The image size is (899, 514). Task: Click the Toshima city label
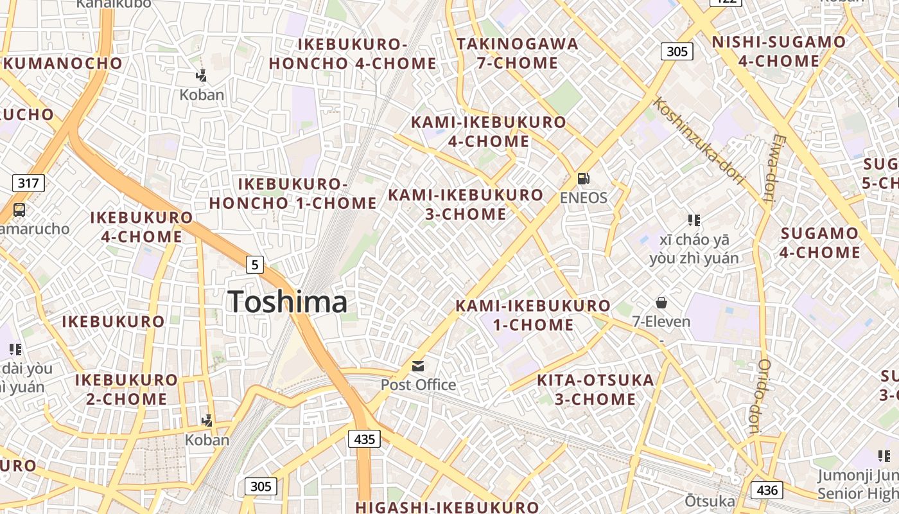[288, 302]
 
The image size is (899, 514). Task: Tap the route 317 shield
[28, 183]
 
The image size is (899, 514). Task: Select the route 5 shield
[255, 264]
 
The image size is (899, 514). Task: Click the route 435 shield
[364, 439]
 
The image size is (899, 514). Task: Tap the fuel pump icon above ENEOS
[583, 179]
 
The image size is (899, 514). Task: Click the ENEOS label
[583, 197]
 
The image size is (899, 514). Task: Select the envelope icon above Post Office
[418, 366]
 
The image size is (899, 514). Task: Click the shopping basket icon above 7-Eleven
[661, 303]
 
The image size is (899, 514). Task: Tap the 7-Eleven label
[661, 321]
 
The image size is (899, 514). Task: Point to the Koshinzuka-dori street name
[698, 141]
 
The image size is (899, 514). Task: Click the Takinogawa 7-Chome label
[517, 53]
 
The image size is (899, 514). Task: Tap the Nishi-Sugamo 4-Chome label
[778, 51]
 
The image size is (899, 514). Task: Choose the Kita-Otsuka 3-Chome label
[595, 389]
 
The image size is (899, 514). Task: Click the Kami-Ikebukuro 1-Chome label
[533, 315]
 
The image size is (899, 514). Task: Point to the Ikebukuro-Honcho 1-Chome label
[293, 193]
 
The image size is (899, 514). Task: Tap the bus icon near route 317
[19, 209]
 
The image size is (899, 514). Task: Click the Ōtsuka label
[710, 501]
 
